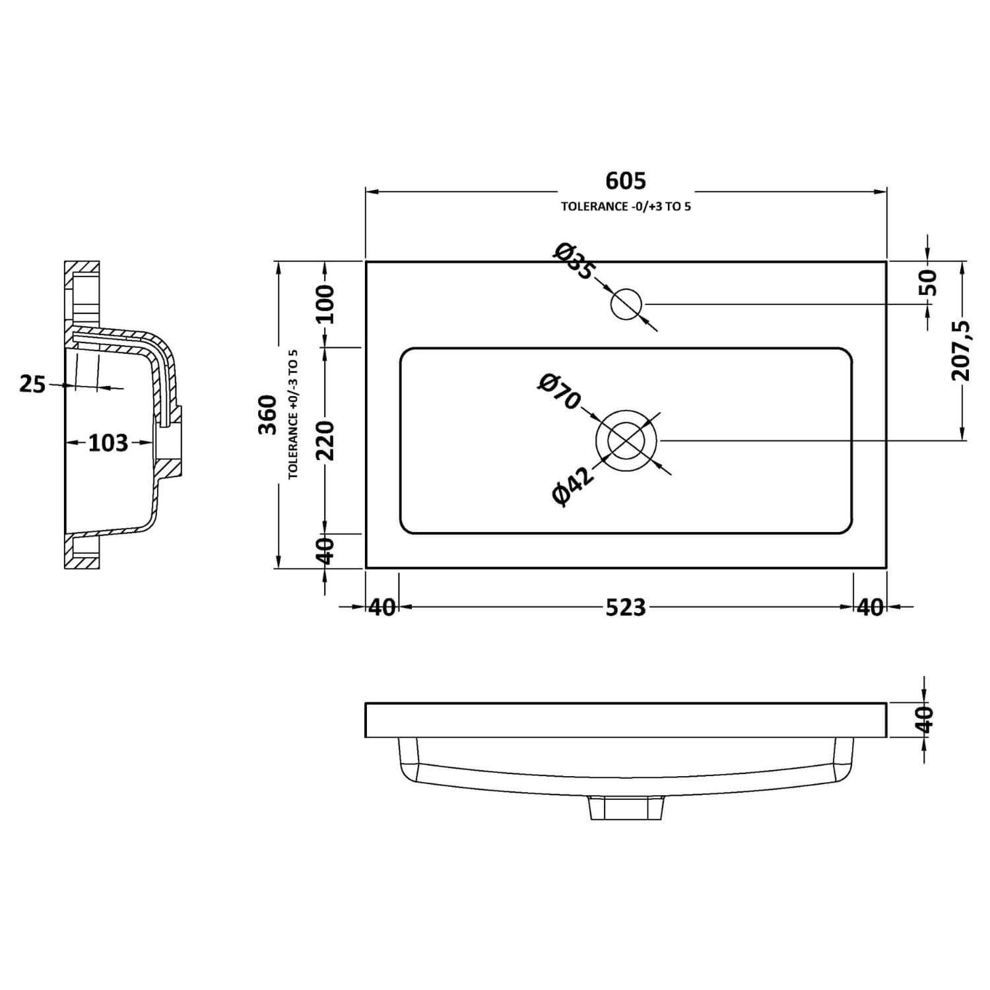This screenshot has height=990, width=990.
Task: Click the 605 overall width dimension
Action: click(626, 180)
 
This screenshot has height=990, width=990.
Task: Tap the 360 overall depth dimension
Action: click(267, 414)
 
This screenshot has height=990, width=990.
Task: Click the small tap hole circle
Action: click(626, 304)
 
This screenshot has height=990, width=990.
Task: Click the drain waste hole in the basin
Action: click(626, 440)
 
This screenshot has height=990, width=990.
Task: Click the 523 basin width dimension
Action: click(626, 607)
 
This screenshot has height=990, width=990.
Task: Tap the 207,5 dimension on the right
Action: click(961, 350)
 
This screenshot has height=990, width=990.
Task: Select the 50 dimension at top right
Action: click(928, 282)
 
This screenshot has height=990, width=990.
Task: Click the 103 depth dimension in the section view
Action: click(108, 443)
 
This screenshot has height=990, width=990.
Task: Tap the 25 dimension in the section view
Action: click(32, 383)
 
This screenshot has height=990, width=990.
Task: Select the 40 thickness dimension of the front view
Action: click(925, 719)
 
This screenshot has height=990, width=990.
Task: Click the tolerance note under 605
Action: click(626, 207)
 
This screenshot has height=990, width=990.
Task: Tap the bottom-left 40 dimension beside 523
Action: click(381, 607)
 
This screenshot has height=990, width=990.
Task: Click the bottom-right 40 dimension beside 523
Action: click(870, 607)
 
